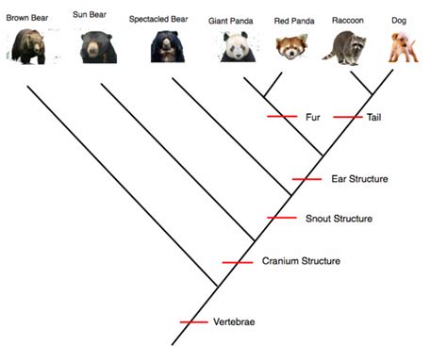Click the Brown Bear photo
25,45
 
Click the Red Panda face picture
291,47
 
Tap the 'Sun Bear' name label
91,14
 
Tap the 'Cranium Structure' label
301,261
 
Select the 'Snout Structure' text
339,219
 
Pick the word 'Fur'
314,117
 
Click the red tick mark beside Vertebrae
193,323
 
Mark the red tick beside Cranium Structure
237,261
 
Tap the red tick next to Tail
347,117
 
